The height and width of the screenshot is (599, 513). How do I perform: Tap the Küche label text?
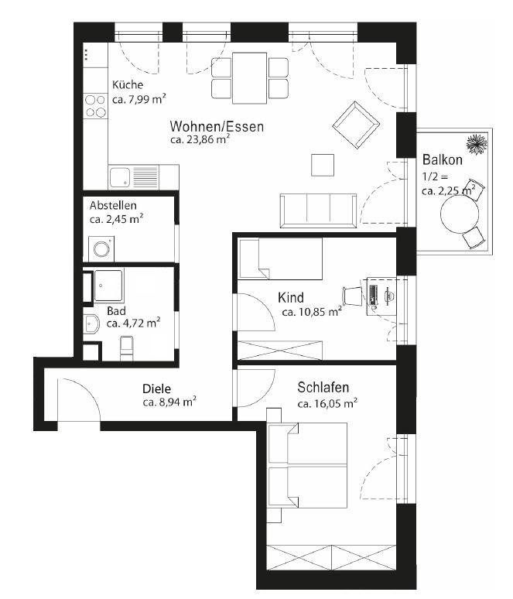[128, 85]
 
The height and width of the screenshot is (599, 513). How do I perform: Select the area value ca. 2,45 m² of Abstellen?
[116, 219]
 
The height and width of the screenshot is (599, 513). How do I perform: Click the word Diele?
[156, 388]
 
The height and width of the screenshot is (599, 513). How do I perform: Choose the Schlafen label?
[324, 388]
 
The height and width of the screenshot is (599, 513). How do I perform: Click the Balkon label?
[443, 160]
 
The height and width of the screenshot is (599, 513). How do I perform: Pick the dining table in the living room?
[249, 77]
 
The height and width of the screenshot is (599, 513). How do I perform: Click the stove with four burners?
[96, 105]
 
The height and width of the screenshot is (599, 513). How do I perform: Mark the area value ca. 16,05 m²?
[327, 403]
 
